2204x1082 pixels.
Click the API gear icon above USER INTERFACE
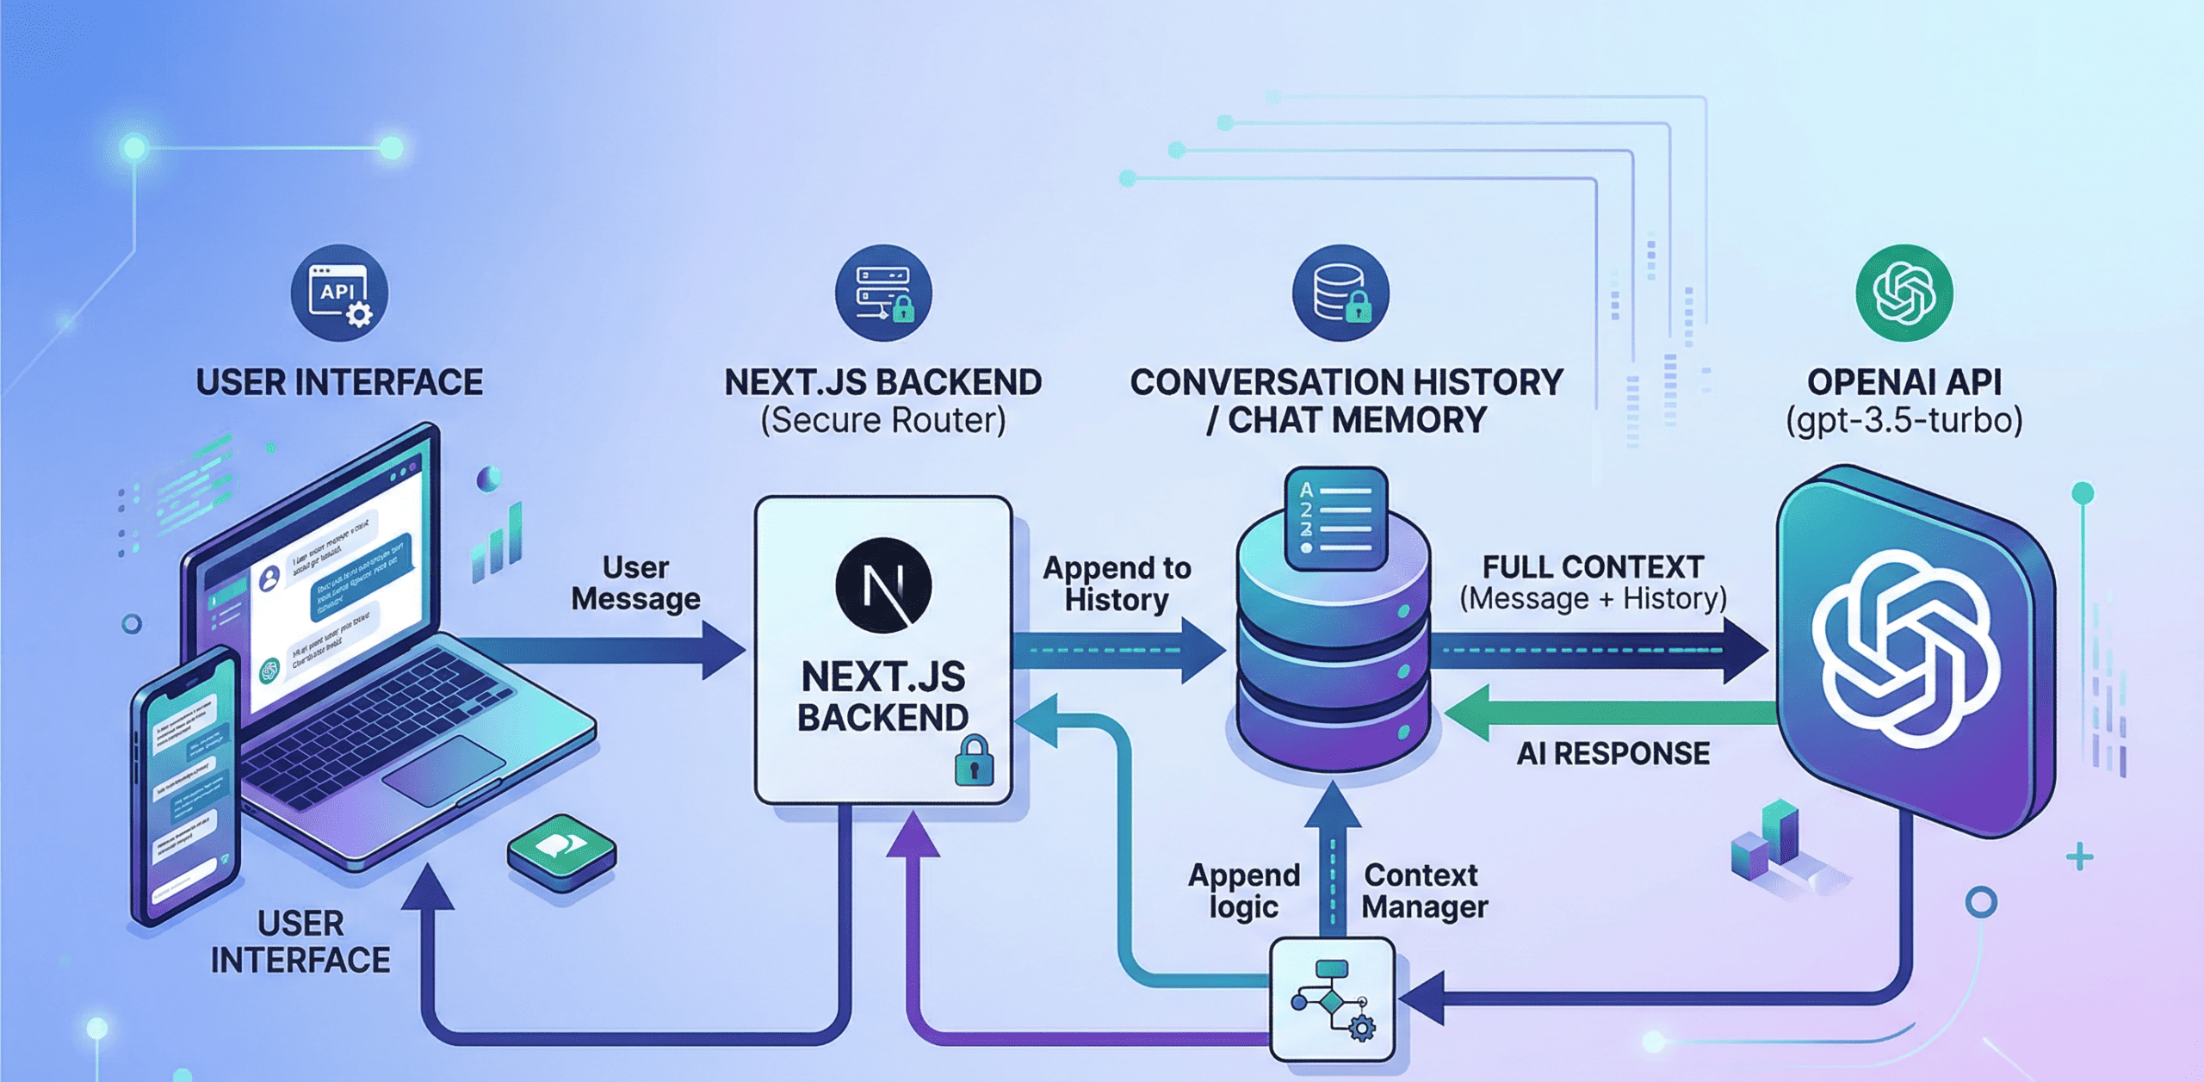339,294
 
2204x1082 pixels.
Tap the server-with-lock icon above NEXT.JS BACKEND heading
883,294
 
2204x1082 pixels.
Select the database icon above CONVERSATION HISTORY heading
1340,294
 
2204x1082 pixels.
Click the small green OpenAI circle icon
1904,294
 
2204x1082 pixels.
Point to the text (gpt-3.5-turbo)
1904,421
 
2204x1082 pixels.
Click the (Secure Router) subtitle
883,421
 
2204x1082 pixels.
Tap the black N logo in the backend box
883,585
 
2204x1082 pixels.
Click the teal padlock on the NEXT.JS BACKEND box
974,761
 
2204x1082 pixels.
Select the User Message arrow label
635,584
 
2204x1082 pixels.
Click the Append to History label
1117,584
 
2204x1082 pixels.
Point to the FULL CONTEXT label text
1593,567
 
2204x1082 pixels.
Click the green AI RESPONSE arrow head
1468,713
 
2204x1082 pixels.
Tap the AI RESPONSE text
1613,754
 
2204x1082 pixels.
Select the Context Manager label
1424,891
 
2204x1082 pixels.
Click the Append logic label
1243,891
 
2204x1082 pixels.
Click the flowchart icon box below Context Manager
1333,999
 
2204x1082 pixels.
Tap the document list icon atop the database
1335,519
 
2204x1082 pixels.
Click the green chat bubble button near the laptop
561,850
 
